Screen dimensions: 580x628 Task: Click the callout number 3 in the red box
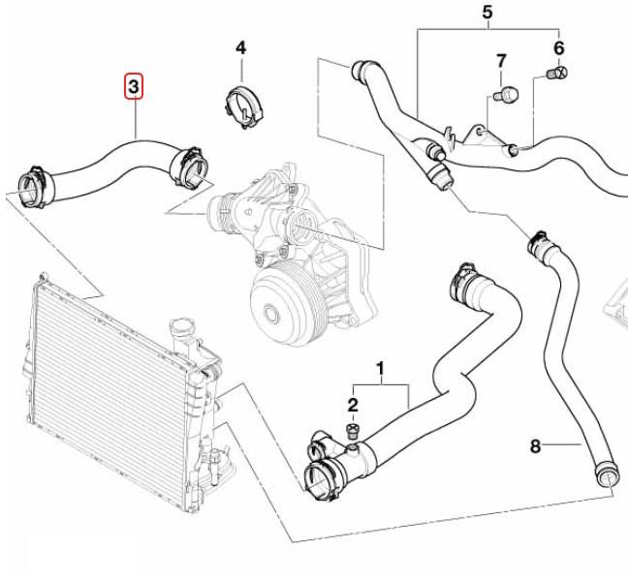pos(134,88)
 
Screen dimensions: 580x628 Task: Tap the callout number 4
pos(241,47)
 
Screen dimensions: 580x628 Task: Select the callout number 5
pos(487,13)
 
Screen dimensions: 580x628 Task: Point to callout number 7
pos(501,61)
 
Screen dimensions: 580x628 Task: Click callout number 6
pos(558,47)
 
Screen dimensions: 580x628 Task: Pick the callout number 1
pos(381,368)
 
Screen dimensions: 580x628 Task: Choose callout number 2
pos(354,405)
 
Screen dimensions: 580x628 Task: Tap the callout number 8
pos(534,446)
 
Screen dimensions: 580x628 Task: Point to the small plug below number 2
pos(354,429)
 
